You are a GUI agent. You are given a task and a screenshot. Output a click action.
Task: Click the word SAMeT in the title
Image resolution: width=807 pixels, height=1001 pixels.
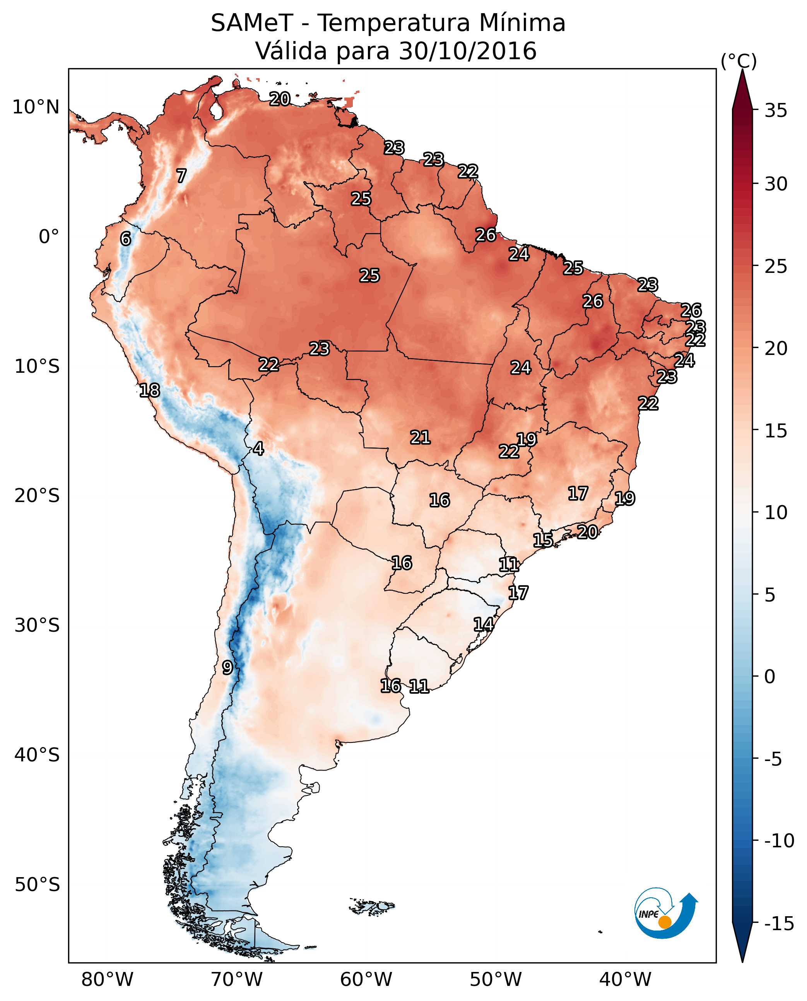(x=252, y=23)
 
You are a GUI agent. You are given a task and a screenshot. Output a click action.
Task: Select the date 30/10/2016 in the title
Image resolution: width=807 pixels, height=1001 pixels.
(x=468, y=51)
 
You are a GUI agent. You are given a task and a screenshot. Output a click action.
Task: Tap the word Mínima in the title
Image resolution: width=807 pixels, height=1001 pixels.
(x=523, y=23)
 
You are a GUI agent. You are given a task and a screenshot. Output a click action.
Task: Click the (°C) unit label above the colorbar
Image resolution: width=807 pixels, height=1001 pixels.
(x=739, y=62)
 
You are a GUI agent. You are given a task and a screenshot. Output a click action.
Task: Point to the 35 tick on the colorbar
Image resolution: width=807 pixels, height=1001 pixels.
(x=776, y=111)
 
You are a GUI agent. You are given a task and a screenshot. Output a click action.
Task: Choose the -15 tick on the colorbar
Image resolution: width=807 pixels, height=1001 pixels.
(x=779, y=924)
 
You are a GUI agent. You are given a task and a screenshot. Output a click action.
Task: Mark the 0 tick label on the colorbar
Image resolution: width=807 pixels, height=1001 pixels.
(x=770, y=676)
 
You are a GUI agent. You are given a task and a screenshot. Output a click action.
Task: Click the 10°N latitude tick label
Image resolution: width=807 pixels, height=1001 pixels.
(x=36, y=108)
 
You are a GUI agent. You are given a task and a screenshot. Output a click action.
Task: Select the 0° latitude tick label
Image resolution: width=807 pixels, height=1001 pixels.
(x=49, y=237)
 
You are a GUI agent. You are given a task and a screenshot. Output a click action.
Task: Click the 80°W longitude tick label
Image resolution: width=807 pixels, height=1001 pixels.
(x=108, y=979)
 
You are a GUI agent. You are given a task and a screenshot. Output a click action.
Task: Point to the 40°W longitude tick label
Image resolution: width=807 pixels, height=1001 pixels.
(x=625, y=979)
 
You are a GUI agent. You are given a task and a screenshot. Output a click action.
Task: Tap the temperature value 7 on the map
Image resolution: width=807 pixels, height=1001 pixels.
(x=181, y=176)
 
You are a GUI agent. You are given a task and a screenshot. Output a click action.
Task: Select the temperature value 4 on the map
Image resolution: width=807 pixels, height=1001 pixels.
(x=258, y=448)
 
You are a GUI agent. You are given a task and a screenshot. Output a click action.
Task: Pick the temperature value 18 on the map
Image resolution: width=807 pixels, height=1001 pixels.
(x=150, y=390)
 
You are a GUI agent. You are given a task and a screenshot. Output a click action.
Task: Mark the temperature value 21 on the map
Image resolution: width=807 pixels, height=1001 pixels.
(x=420, y=437)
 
